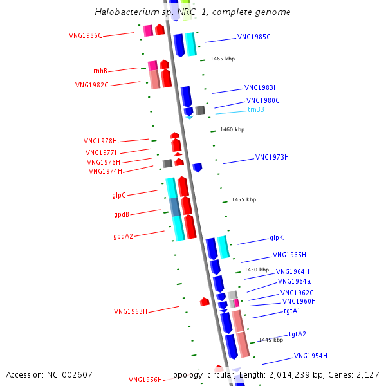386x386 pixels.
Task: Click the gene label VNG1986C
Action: click(x=86, y=35)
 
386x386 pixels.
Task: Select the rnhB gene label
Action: click(x=100, y=71)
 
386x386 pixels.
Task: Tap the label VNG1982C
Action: click(x=91, y=85)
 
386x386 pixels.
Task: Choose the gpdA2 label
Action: click(x=123, y=236)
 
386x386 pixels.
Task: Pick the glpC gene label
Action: click(x=119, y=194)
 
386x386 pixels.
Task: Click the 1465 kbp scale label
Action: click(x=223, y=59)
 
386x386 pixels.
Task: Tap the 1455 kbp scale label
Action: click(x=244, y=199)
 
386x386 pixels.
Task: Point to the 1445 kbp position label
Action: click(x=271, y=340)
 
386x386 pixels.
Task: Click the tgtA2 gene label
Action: click(x=297, y=334)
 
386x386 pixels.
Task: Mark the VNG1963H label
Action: click(x=131, y=311)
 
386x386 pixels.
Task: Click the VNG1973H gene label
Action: click(x=272, y=157)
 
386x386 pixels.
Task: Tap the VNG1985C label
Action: click(x=254, y=37)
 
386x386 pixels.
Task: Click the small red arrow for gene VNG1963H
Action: click(x=205, y=301)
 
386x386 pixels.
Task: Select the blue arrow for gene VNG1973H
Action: click(x=198, y=167)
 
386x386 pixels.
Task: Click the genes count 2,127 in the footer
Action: click(x=368, y=374)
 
